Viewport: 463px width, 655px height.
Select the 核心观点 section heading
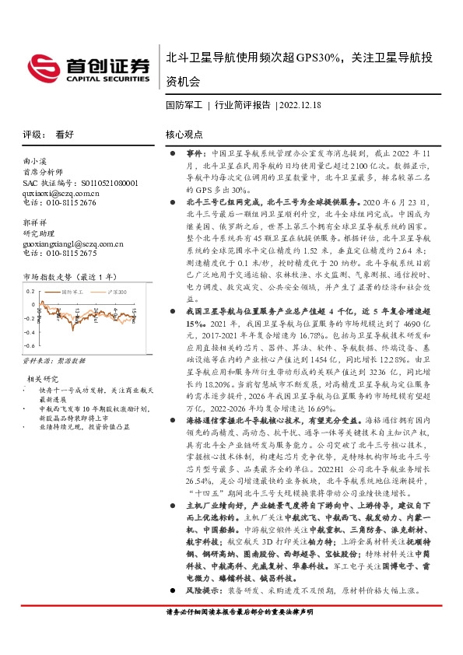coord(183,134)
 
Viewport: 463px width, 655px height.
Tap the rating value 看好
coord(64,134)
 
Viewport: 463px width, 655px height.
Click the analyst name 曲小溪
coord(36,160)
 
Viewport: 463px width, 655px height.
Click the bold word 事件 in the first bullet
coord(195,155)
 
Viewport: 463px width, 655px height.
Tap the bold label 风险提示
coord(203,590)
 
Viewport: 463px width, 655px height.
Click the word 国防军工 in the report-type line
coord(184,103)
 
